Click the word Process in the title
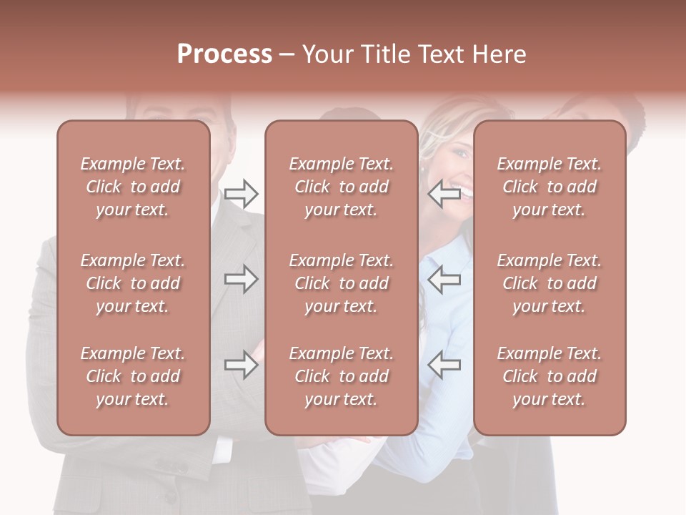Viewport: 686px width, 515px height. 224,54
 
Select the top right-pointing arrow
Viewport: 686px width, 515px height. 241,193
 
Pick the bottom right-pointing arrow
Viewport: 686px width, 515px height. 241,366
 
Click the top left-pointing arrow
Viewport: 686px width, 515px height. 444,193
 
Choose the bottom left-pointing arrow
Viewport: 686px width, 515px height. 444,366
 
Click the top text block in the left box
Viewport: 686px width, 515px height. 133,187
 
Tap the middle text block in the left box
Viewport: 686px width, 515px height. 133,283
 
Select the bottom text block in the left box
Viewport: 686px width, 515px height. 133,376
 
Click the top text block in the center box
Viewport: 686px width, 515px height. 341,187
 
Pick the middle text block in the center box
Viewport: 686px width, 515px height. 341,283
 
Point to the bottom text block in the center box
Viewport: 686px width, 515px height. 341,376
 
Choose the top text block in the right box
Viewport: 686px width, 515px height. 550,187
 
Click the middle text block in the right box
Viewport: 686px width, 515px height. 550,283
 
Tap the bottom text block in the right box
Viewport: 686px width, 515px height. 550,376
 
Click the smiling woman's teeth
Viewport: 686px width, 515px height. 466,191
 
